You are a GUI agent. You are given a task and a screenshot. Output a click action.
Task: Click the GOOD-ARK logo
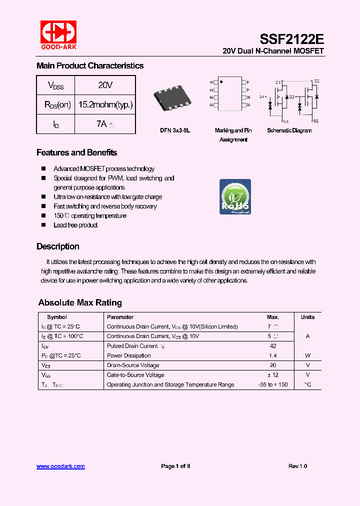[x=58, y=35]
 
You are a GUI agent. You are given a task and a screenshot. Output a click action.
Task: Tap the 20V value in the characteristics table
[x=105, y=85]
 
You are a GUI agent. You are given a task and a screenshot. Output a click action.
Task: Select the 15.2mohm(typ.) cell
[x=105, y=104]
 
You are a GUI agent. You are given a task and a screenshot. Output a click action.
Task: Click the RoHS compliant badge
[x=235, y=196]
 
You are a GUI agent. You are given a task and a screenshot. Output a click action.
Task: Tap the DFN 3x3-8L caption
[x=175, y=130]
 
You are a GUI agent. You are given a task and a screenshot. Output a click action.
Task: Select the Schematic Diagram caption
[x=289, y=130]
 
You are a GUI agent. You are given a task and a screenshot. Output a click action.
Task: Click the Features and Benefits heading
[x=76, y=152]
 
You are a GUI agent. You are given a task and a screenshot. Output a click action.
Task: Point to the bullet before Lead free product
[x=43, y=225]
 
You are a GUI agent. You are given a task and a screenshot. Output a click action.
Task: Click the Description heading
[x=57, y=246]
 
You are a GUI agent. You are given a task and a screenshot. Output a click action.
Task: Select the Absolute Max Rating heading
[x=80, y=302]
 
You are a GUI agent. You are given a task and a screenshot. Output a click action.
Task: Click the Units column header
[x=307, y=317]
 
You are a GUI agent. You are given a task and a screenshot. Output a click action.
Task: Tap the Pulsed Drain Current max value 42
[x=272, y=346]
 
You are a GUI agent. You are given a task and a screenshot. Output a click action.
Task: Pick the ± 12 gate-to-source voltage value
[x=272, y=375]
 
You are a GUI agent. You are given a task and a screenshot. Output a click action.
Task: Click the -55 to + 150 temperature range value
[x=272, y=384]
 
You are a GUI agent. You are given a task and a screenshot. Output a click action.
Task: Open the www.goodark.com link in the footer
[x=60, y=466]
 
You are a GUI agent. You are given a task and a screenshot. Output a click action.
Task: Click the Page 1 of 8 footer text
[x=175, y=466]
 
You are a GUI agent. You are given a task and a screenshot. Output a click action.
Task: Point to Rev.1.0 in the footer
[x=297, y=466]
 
